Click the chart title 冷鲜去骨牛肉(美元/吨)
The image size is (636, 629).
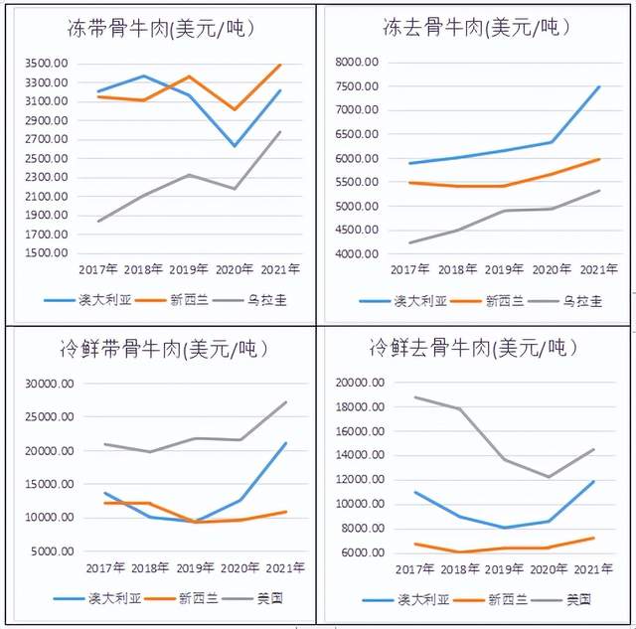[x=472, y=349]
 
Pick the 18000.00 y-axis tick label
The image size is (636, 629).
[x=361, y=407]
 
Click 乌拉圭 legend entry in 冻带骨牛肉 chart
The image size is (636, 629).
[x=261, y=298]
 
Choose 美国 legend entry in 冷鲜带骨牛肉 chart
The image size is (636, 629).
[x=260, y=598]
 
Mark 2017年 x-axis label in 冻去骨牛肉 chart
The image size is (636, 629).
[x=409, y=269]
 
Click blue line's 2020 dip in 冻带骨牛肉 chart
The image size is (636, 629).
[x=235, y=146]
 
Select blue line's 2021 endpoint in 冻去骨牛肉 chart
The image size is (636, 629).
[x=599, y=86]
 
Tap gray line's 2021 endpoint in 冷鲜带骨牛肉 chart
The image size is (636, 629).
[x=286, y=402]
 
